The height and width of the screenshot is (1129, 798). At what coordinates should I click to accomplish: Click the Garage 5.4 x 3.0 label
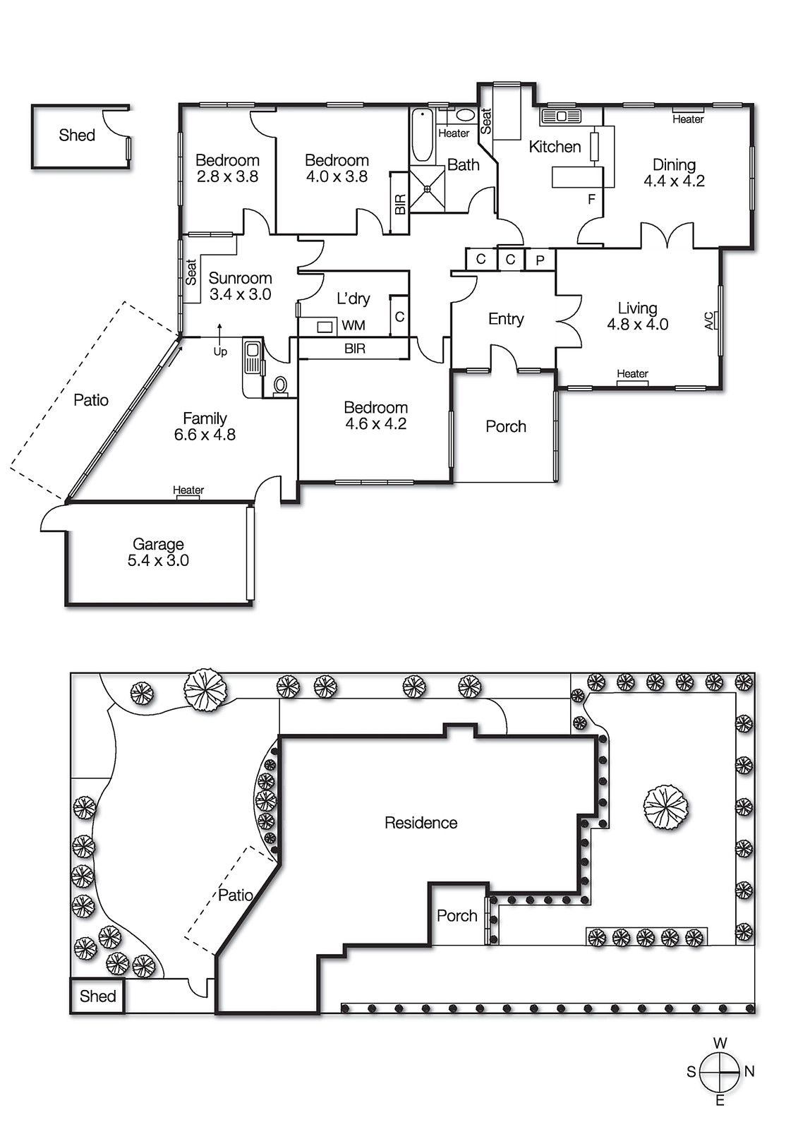(158, 553)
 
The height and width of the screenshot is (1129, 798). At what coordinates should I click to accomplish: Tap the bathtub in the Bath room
(422, 135)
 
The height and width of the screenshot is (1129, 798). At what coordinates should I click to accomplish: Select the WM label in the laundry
(353, 325)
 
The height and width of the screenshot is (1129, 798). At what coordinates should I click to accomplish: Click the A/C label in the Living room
(709, 321)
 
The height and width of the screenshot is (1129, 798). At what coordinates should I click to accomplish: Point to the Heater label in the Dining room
(687, 119)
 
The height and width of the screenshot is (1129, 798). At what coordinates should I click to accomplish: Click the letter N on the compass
(749, 1071)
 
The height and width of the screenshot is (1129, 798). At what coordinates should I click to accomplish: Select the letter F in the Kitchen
(591, 200)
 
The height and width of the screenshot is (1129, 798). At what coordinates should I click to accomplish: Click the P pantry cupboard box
(540, 260)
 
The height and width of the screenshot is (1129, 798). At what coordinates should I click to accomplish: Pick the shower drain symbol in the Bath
(428, 188)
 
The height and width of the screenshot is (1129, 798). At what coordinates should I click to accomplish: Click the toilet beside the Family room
(280, 385)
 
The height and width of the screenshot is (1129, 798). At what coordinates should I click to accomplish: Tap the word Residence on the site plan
(421, 823)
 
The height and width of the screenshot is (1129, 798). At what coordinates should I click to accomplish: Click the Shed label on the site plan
(97, 996)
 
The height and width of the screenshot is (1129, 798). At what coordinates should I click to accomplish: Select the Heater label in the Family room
(188, 490)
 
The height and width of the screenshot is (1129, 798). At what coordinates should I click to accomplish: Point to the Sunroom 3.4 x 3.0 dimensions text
(240, 294)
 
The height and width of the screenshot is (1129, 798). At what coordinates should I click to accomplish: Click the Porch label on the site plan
(457, 916)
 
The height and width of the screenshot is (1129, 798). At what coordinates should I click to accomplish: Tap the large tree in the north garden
(665, 808)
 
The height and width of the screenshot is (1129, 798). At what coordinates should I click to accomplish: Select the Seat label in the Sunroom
(191, 272)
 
